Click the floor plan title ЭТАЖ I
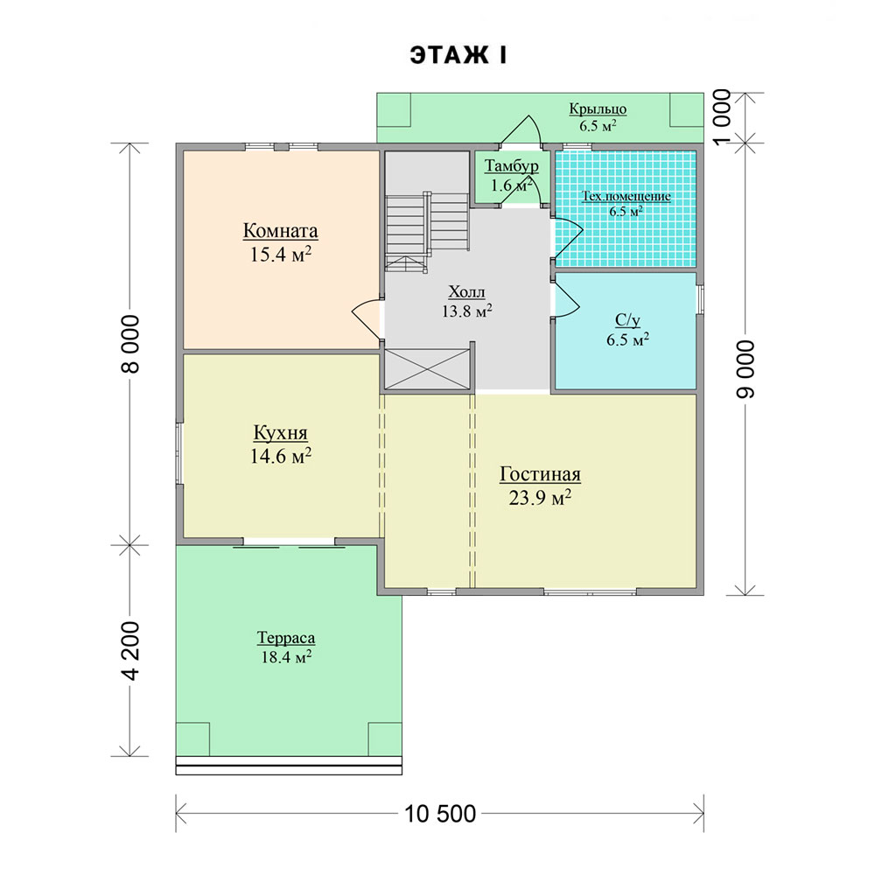pyautogui.click(x=458, y=56)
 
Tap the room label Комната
pyautogui.click(x=281, y=230)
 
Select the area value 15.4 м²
pyautogui.click(x=281, y=255)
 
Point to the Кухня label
pyautogui.click(x=281, y=432)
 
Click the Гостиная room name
pyautogui.click(x=540, y=473)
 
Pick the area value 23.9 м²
pyautogui.click(x=540, y=497)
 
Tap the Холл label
pyautogui.click(x=467, y=292)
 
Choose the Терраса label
pyautogui.click(x=286, y=637)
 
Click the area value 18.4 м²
pyautogui.click(x=286, y=657)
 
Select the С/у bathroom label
pyautogui.click(x=627, y=319)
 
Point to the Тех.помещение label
pyautogui.click(x=626, y=196)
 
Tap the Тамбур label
pyautogui.click(x=512, y=165)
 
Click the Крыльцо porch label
pyautogui.click(x=598, y=108)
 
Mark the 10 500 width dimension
pyautogui.click(x=440, y=814)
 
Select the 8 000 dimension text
pyautogui.click(x=130, y=344)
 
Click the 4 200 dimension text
pyautogui.click(x=130, y=651)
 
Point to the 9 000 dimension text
pyautogui.click(x=746, y=369)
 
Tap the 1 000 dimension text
pyautogui.click(x=722, y=117)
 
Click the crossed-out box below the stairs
pyautogui.click(x=427, y=369)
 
